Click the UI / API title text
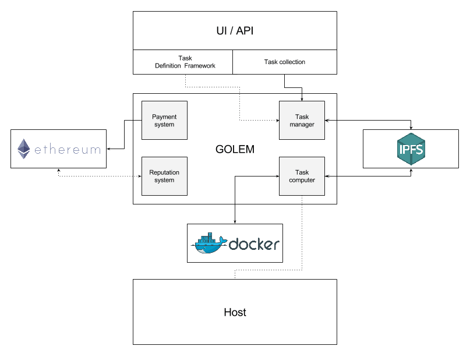[235, 31]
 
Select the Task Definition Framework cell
[185, 62]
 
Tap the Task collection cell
[284, 62]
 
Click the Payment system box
[164, 120]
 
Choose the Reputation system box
[164, 177]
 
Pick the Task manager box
[302, 121]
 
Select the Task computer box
[302, 177]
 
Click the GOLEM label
[235, 149]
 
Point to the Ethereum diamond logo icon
[24, 149]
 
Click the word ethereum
[67, 150]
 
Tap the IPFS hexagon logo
[411, 149]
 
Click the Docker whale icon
[209, 243]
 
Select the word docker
[254, 244]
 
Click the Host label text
[235, 312]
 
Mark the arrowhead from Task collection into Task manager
[302, 98]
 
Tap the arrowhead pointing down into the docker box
[235, 221]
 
